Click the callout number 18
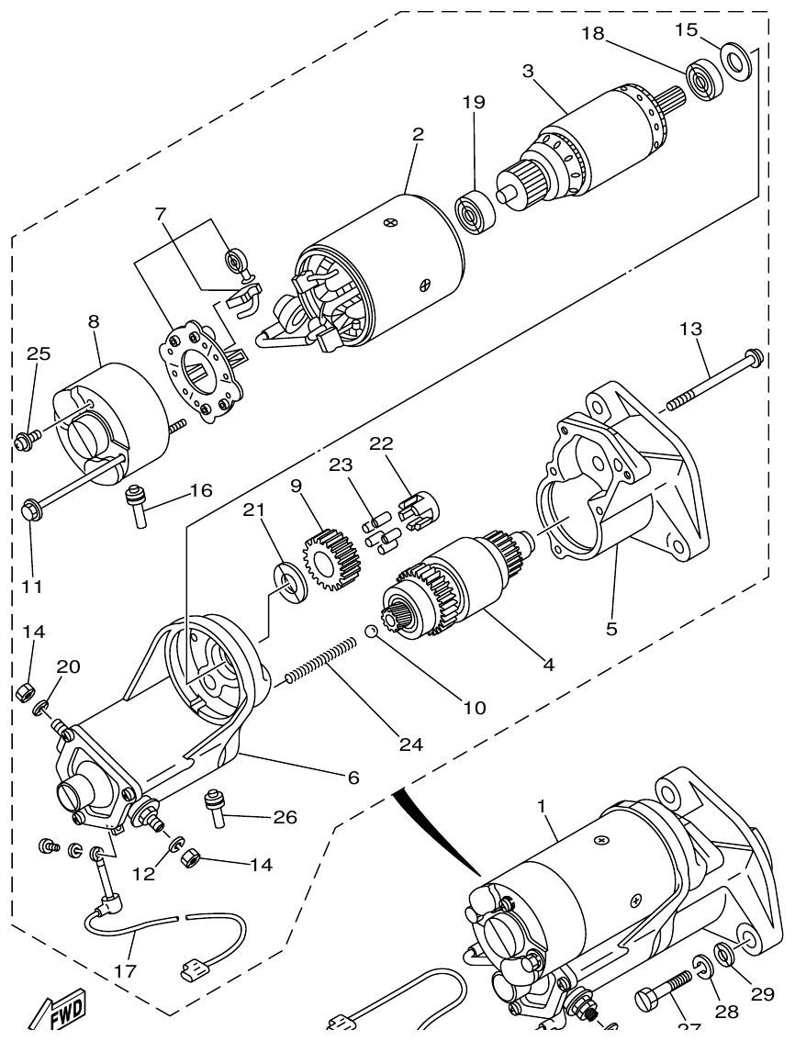[x=592, y=34]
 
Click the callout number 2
[x=418, y=134]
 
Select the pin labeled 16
[x=138, y=506]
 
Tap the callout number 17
[x=127, y=970]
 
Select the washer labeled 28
[x=701, y=967]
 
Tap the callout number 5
[x=611, y=629]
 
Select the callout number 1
[x=542, y=806]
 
